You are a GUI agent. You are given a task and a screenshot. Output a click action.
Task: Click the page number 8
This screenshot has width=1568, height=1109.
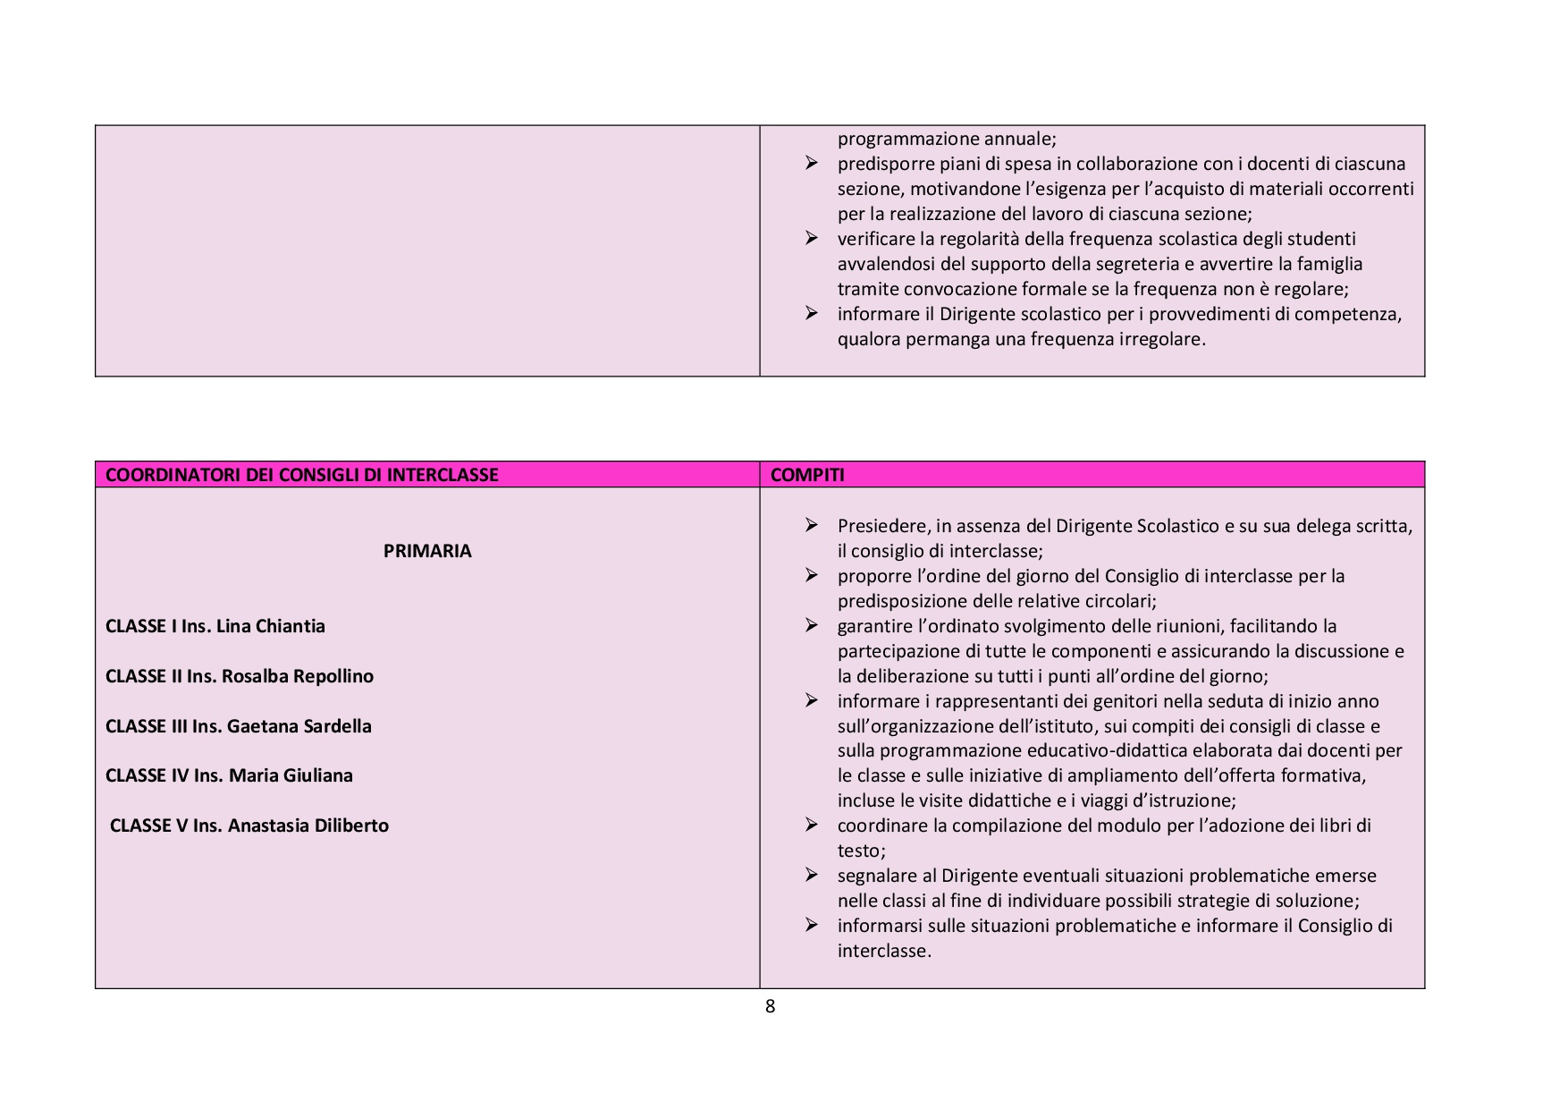click(x=770, y=1006)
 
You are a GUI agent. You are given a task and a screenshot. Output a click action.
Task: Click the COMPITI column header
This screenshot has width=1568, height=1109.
click(x=806, y=475)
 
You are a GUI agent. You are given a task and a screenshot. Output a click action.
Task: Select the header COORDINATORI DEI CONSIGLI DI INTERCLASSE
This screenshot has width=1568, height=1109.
click(x=301, y=475)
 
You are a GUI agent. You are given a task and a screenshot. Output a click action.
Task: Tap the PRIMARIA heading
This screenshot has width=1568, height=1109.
click(x=427, y=551)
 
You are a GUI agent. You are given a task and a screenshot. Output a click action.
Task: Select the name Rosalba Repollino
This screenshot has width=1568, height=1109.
click(x=297, y=676)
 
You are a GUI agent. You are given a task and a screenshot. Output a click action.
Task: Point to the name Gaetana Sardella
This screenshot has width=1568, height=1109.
click(x=299, y=726)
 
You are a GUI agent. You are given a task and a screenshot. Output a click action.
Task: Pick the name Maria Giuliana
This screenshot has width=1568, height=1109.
click(x=291, y=775)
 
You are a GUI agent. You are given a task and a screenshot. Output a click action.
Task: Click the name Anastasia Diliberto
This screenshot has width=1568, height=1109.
click(x=308, y=825)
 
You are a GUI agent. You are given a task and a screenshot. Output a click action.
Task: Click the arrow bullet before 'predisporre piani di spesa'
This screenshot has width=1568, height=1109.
click(x=811, y=163)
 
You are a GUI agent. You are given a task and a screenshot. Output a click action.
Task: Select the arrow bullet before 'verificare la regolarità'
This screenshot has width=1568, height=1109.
click(x=811, y=238)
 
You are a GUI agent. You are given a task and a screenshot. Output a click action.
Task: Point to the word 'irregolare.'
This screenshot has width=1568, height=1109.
click(x=1162, y=339)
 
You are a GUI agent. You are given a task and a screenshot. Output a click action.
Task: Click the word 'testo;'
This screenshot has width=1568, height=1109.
click(x=861, y=851)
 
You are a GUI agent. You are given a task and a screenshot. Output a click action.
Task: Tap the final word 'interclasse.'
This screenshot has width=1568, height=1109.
click(x=884, y=951)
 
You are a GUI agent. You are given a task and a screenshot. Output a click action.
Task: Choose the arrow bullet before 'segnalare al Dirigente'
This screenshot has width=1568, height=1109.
click(x=811, y=875)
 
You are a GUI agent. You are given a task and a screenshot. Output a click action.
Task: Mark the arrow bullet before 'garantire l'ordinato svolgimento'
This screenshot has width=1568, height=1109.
click(x=811, y=625)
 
